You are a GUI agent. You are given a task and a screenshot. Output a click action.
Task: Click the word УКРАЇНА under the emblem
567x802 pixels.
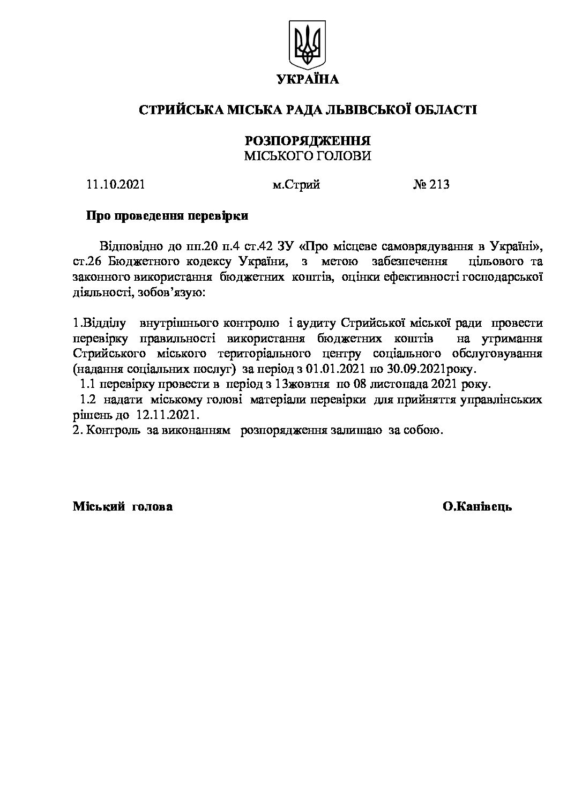[308, 80]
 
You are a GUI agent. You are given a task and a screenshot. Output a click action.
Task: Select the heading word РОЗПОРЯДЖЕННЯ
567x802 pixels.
[308, 141]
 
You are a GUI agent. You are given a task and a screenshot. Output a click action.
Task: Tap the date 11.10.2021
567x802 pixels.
[115, 185]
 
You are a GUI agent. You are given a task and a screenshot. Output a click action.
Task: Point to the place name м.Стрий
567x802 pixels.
[296, 185]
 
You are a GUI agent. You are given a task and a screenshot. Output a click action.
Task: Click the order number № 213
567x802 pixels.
[431, 185]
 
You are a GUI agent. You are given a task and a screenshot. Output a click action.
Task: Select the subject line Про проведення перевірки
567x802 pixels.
[167, 216]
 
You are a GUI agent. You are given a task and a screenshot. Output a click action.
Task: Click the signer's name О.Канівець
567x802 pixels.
[477, 506]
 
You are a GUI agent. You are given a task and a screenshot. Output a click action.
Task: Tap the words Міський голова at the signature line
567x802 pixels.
[123, 506]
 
